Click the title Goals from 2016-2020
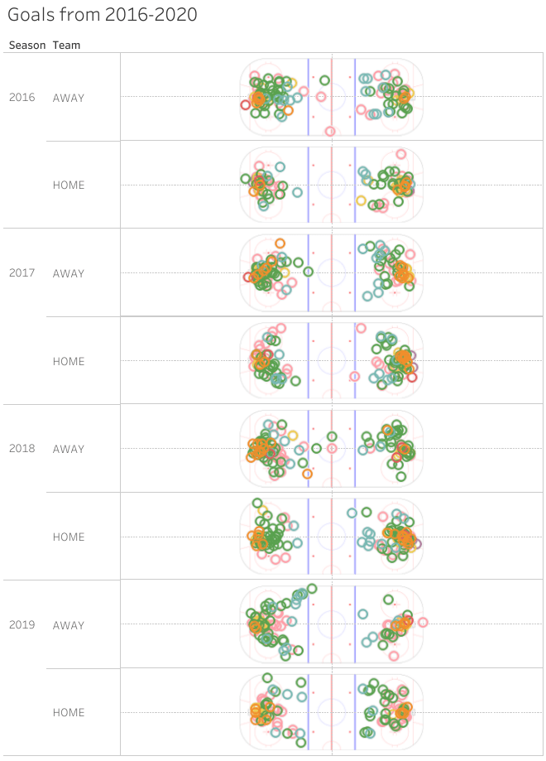103,16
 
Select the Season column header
27,46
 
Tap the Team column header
67,46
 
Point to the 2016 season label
22,98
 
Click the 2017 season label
22,273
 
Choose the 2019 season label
22,624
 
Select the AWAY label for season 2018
69,449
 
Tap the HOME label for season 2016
69,185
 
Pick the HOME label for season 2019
69,712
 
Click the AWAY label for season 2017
69,273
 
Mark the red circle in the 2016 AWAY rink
245,104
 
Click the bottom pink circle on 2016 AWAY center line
330,131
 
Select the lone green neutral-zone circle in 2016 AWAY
324,80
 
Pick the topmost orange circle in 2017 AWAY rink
280,243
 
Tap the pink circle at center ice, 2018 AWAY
331,448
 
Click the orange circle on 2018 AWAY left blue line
307,474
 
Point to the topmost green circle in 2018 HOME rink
257,503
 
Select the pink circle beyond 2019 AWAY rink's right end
423,622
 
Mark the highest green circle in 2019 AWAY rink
312,589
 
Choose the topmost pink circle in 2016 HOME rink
401,153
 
